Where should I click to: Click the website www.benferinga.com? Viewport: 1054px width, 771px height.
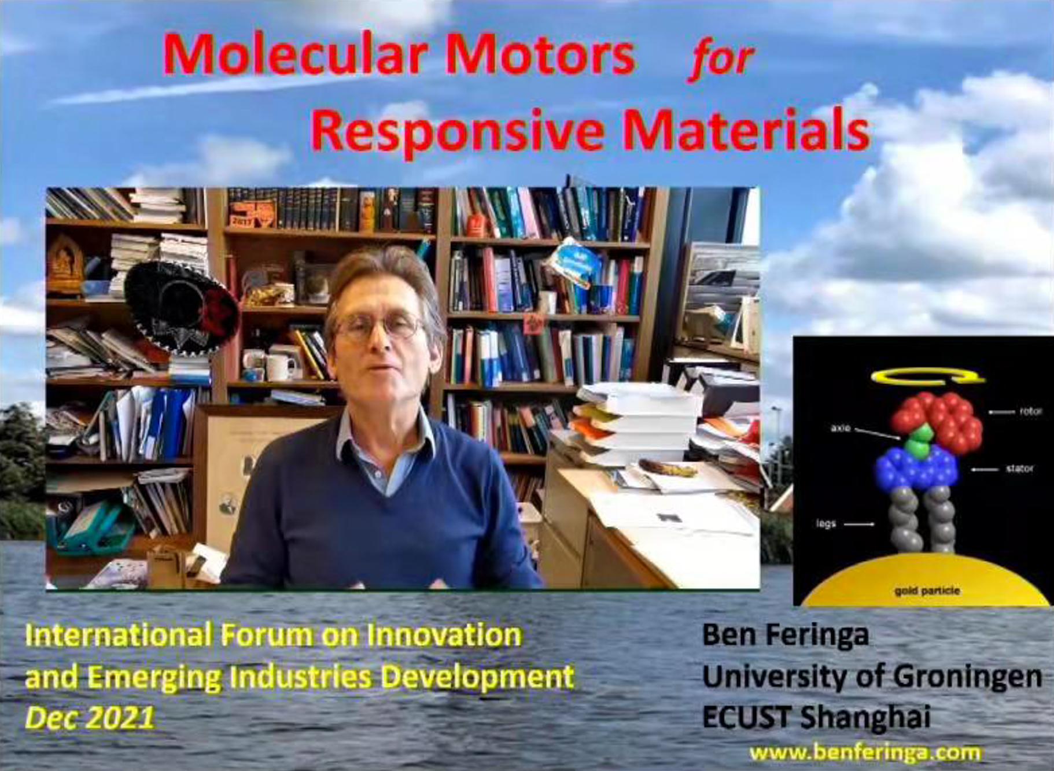point(865,752)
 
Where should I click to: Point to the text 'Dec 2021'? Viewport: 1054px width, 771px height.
point(90,718)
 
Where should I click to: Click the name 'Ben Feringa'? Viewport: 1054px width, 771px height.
point(785,634)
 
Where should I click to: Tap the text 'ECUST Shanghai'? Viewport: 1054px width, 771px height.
point(816,718)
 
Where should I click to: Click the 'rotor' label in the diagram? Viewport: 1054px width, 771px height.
point(1031,411)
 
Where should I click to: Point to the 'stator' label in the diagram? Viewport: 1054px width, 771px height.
point(1019,468)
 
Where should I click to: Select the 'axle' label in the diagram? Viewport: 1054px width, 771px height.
point(841,429)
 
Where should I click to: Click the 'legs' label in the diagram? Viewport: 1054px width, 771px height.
point(825,524)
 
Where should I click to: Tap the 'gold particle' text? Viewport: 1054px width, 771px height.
point(927,591)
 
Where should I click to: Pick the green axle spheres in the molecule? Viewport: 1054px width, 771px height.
point(919,440)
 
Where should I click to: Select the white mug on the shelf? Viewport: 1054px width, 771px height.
point(279,367)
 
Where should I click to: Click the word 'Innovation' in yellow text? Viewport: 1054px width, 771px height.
point(444,635)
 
